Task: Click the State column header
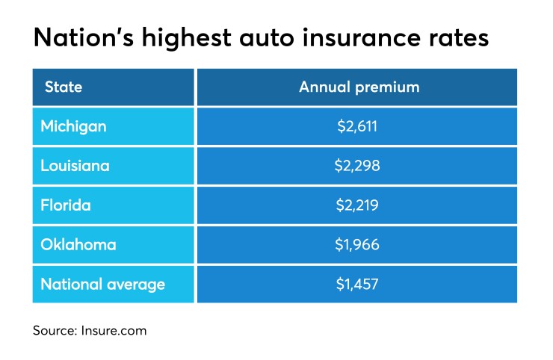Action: pyautogui.click(x=63, y=87)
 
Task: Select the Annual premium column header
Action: pyautogui.click(x=359, y=87)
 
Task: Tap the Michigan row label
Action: pyautogui.click(x=73, y=126)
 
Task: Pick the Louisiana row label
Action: pyautogui.click(x=75, y=166)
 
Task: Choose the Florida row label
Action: pyautogui.click(x=66, y=205)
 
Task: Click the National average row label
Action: pyautogui.click(x=103, y=285)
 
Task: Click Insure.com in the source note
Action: pyautogui.click(x=115, y=330)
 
